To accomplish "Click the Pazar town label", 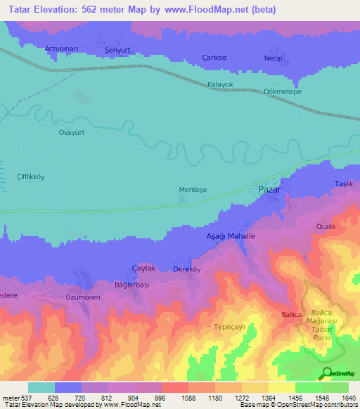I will click(x=269, y=190).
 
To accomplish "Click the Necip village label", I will click(x=274, y=58).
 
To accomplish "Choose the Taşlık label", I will click(x=343, y=184).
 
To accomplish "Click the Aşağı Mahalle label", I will click(x=231, y=238).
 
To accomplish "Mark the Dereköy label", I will click(x=186, y=269).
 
